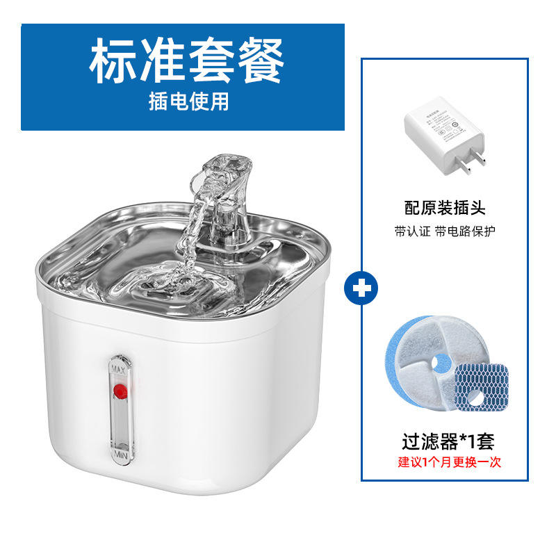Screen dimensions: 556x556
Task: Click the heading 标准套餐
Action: (x=186, y=63)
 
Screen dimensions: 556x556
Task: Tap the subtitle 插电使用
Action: (x=188, y=101)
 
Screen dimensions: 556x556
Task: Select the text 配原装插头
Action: (x=445, y=207)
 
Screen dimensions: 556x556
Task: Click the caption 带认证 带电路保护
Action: (x=445, y=231)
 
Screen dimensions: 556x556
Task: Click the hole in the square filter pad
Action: (x=477, y=400)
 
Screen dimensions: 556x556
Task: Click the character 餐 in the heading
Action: (x=260, y=63)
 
